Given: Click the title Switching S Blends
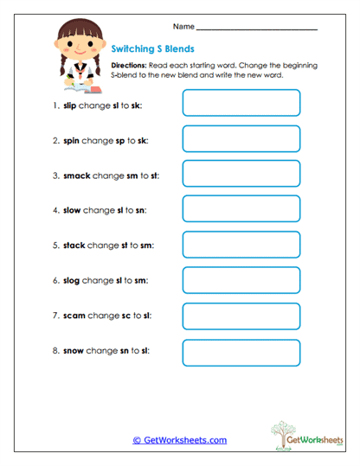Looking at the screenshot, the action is coord(153,48).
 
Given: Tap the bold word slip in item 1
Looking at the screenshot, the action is coord(70,105).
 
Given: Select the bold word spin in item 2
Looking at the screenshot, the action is coord(71,140).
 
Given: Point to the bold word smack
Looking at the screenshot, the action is coord(77,175).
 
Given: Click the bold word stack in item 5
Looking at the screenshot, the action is coord(74,246).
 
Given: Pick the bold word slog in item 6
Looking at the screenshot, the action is coord(71,281).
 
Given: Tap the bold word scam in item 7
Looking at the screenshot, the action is coord(74,316).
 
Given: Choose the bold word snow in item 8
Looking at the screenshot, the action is coord(74,351).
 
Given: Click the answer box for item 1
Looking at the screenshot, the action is coord(241,103).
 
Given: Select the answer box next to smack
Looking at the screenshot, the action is coord(241,174).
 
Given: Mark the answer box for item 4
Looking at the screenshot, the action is coord(241,209).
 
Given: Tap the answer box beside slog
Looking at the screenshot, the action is coord(241,280).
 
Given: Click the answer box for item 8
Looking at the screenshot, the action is coord(241,352).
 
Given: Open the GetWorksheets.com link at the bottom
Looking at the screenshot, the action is coord(179,440).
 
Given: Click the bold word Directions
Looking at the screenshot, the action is coord(130,66).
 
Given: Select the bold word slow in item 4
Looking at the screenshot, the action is coord(72,210).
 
